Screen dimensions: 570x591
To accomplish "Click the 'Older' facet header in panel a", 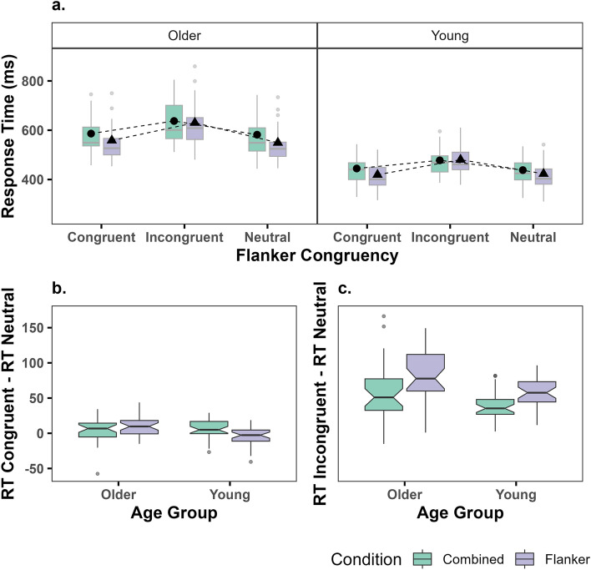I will (x=184, y=35).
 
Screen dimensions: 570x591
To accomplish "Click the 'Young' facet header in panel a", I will (x=449, y=35).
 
